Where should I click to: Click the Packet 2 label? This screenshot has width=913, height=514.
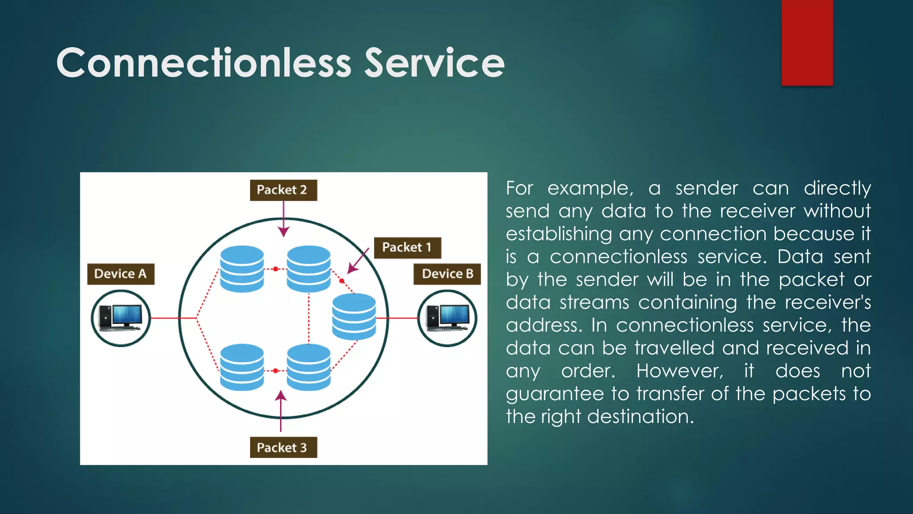(x=283, y=190)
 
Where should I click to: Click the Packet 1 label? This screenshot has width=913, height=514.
(x=407, y=248)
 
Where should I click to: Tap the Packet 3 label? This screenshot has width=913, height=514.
(x=283, y=448)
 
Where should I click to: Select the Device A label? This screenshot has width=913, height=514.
(x=121, y=274)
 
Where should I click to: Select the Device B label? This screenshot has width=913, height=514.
(x=447, y=274)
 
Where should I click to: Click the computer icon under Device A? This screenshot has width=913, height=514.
(x=121, y=318)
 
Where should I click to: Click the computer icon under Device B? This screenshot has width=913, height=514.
(x=447, y=318)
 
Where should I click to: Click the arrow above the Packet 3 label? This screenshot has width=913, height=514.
(x=281, y=410)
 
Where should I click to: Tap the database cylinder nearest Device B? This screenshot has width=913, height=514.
(x=354, y=316)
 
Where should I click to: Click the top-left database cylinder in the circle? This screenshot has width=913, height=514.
(x=242, y=269)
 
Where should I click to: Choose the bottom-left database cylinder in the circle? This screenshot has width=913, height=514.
(x=242, y=367)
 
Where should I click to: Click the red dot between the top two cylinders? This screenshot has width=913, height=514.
(x=276, y=269)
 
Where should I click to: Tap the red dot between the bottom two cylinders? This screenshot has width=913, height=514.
(x=276, y=371)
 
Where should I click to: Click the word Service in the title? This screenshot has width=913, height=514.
(x=434, y=63)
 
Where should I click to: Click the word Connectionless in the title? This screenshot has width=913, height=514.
(x=204, y=63)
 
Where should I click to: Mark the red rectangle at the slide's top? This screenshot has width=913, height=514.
(x=807, y=42)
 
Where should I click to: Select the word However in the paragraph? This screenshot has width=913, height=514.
(x=679, y=371)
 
